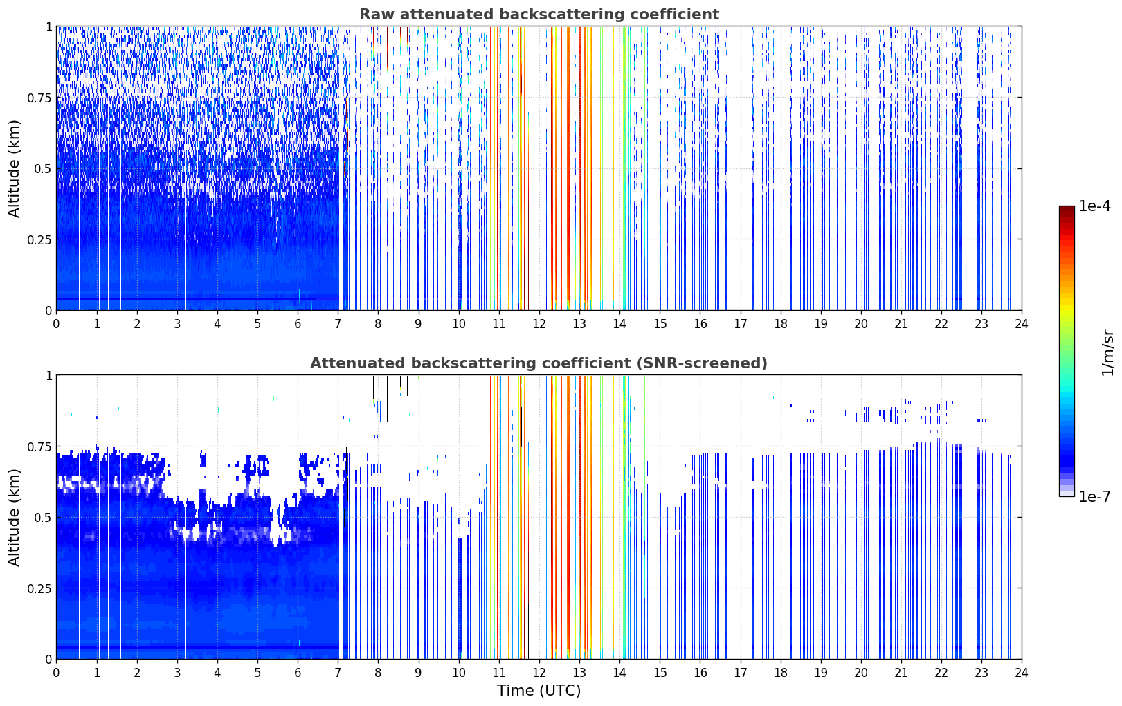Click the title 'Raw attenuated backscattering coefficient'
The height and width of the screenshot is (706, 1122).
539,15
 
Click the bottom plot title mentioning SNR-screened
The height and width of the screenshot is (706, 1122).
539,363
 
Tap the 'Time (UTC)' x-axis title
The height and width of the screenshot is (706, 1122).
539,691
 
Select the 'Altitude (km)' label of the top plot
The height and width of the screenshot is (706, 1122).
14,169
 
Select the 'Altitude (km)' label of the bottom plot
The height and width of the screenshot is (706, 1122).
14,517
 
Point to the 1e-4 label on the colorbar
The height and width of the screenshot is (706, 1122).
1094,206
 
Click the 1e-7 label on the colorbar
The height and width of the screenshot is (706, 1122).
1094,497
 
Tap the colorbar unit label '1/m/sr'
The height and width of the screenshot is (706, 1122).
1107,352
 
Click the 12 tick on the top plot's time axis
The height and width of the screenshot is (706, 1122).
539,324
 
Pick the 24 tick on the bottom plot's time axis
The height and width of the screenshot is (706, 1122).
1022,673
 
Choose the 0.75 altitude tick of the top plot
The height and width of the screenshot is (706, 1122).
39,98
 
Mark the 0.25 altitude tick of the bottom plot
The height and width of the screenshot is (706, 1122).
39,588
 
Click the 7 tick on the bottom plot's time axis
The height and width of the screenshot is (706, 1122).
338,673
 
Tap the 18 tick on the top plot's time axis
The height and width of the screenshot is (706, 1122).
780,324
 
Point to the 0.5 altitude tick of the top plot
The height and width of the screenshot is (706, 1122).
42,169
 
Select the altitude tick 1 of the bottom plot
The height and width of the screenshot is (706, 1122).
48,376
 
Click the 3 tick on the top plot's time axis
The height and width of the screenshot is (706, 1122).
177,324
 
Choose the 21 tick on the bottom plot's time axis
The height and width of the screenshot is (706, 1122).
901,673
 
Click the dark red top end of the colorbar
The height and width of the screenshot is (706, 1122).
1067,208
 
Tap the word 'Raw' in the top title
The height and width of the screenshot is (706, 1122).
377,15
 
